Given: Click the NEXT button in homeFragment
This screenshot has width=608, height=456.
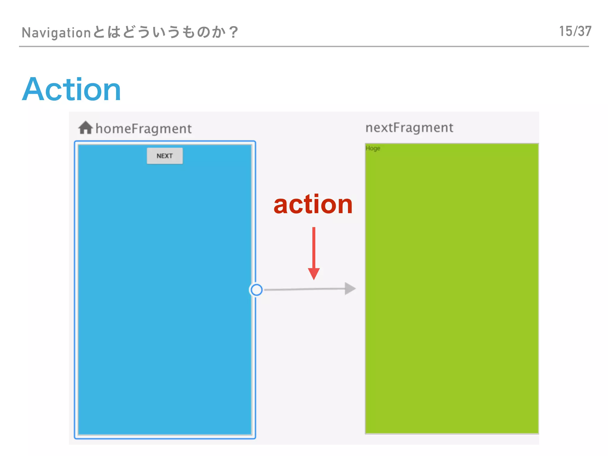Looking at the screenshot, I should coord(165,156).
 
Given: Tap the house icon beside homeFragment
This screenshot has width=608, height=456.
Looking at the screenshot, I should coord(85,128).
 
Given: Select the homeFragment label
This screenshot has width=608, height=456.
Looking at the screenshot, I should coord(143,129).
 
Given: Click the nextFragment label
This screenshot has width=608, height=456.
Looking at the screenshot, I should coord(409,128).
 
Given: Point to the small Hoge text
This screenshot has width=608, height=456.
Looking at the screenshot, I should coord(373,148).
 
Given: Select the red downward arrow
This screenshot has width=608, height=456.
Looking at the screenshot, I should coord(313,252).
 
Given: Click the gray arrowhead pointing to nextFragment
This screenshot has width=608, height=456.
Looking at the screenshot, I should coord(350,289).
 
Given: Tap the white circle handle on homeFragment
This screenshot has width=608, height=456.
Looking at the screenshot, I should coord(256,290).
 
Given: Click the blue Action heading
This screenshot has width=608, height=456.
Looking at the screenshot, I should coord(72,89).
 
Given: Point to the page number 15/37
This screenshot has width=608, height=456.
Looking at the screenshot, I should coord(575,31).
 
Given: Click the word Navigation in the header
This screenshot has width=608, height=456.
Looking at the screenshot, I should coord(56,32).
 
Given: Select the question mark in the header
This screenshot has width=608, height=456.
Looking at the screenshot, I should coord(234,32).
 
